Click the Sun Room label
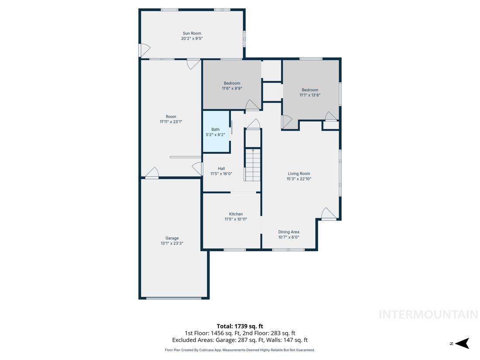pyautogui.click(x=192, y=33)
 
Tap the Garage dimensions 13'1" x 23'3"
pyautogui.click(x=172, y=243)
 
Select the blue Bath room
pyautogui.click(x=216, y=132)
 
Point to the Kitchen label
pyautogui.click(x=236, y=214)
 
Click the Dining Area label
pyautogui.click(x=288, y=232)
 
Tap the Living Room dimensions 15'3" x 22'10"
pyautogui.click(x=299, y=179)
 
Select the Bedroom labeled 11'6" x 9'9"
pyautogui.click(x=232, y=86)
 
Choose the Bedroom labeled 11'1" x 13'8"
pyautogui.click(x=310, y=92)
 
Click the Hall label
pyautogui.click(x=221, y=168)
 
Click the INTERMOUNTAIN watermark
pyautogui.click(x=428, y=315)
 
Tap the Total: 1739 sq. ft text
pyautogui.click(x=240, y=326)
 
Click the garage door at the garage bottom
pyautogui.click(x=174, y=298)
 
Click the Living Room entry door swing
pyautogui.click(x=328, y=213)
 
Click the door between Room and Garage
pyautogui.click(x=151, y=173)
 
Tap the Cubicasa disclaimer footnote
pyautogui.click(x=240, y=350)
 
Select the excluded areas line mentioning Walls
pyautogui.click(x=240, y=340)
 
